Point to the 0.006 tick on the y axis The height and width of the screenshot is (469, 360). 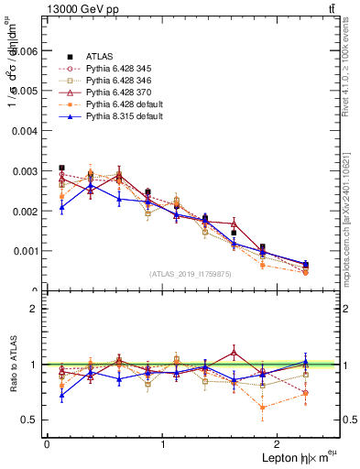click(25, 52)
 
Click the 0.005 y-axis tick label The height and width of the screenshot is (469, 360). click(25, 92)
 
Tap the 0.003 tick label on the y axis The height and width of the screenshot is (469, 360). click(25, 171)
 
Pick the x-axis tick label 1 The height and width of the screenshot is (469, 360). click(163, 443)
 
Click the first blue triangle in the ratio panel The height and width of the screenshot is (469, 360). click(61, 396)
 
